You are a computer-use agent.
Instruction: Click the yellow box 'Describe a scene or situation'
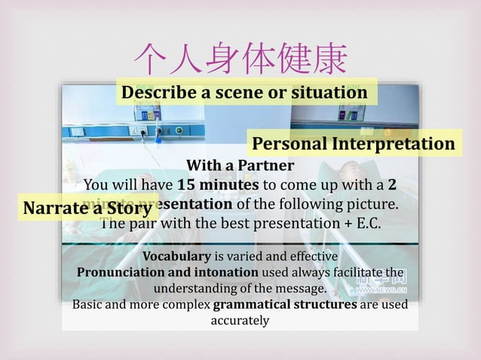pos(244,93)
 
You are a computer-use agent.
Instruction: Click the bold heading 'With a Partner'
pos(240,165)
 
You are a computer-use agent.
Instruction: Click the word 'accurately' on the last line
pos(240,321)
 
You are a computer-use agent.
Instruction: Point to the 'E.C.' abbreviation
pos(365,224)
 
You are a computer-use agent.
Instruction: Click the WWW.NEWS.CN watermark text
pos(381,289)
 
